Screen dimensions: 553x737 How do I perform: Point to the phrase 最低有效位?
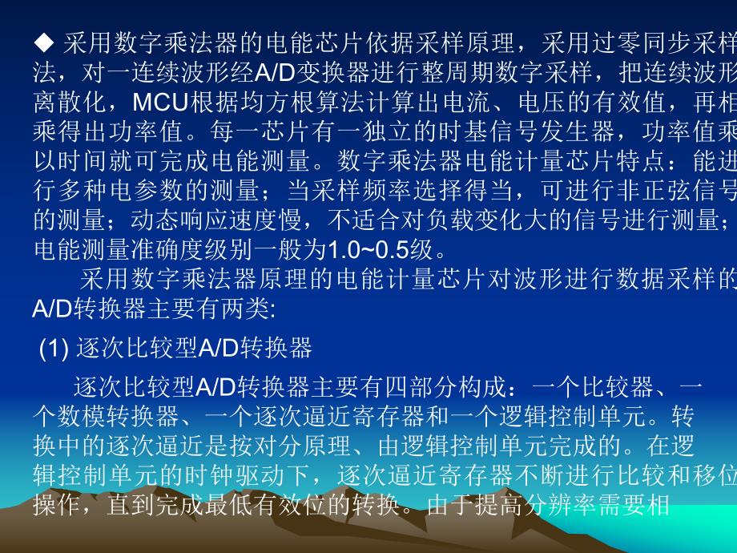click(x=276, y=506)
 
